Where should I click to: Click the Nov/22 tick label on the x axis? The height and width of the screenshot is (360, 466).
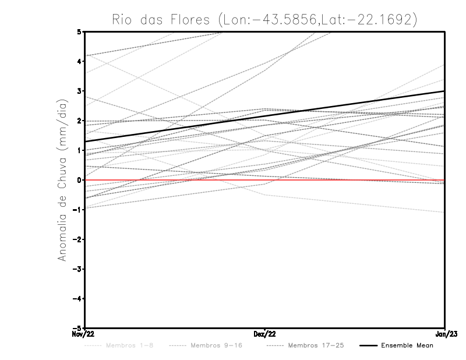[82, 334]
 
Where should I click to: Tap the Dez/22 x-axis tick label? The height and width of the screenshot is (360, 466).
[264, 334]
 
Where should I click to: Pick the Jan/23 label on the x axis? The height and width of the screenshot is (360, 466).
[444, 334]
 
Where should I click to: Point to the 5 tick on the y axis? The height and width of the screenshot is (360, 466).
[79, 31]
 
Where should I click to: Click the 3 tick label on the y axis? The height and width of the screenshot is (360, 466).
[79, 91]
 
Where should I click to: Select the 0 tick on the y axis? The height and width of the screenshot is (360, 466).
[79, 180]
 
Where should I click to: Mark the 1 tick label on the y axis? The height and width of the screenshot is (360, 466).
[79, 150]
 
